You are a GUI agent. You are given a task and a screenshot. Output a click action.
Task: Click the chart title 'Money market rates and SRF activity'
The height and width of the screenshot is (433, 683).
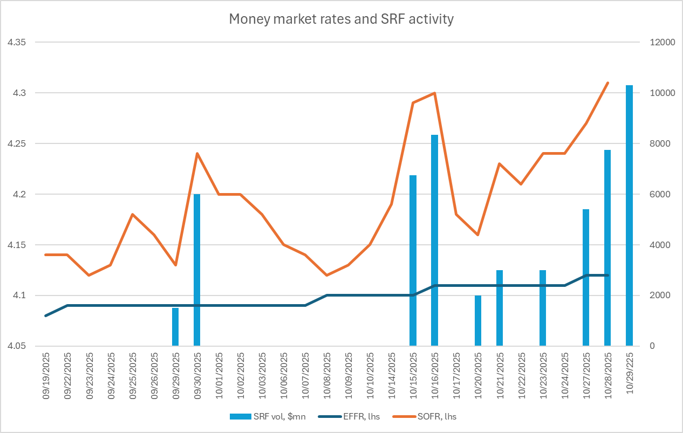[x=341, y=19]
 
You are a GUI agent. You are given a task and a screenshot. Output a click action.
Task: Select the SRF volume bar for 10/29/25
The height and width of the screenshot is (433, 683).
[x=629, y=216]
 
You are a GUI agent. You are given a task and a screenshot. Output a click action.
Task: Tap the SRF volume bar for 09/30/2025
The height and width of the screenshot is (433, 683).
[x=197, y=270]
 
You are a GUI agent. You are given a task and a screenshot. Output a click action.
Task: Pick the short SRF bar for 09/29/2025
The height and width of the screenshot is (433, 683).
[x=175, y=327]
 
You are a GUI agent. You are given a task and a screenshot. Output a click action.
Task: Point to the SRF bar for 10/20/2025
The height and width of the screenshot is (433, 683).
[x=478, y=320]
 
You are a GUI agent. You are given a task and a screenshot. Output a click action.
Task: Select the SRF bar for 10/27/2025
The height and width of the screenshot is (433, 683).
[x=586, y=277]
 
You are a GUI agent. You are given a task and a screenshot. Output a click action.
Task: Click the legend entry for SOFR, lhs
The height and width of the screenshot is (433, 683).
[x=438, y=416]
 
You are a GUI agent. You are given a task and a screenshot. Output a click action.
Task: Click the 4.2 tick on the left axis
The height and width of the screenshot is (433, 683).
[x=19, y=194]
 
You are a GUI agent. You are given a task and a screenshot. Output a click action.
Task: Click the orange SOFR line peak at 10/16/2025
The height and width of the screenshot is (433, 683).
[x=435, y=93]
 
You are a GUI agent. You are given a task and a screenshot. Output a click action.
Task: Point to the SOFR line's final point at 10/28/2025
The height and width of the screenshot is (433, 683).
[x=607, y=83]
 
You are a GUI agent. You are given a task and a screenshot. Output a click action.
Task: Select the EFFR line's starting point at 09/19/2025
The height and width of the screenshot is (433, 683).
[x=46, y=315]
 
